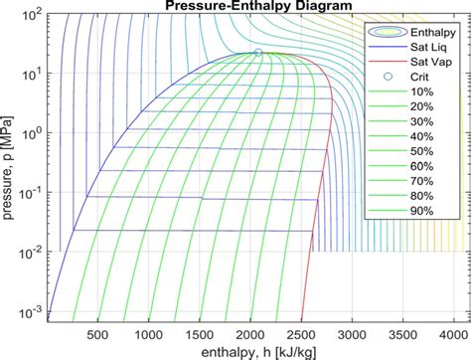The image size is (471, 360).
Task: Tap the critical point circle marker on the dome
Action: pos(258,53)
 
